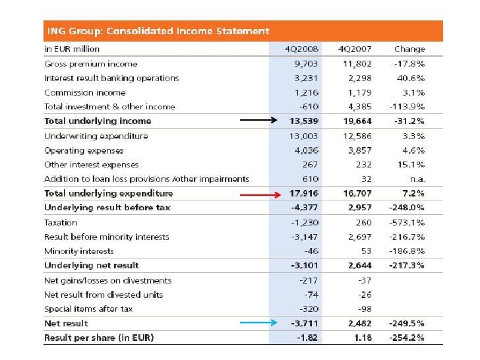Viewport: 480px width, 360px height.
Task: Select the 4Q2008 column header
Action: (x=302, y=49)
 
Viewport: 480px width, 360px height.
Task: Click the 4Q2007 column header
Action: (x=354, y=49)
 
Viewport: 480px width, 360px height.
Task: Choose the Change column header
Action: (x=409, y=49)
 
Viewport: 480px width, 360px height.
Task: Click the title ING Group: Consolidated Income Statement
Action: (x=156, y=31)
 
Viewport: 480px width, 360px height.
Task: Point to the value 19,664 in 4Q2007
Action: (x=356, y=121)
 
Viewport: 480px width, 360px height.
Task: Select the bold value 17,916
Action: (x=304, y=194)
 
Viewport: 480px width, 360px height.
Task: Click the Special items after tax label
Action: (x=88, y=309)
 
